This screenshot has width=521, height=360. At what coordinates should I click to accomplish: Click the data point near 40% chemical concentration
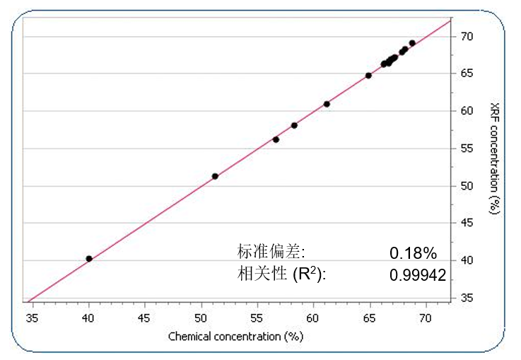click(x=89, y=259)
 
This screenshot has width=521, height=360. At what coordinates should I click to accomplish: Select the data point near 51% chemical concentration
click(x=215, y=176)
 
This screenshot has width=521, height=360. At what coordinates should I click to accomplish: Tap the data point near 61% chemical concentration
click(x=327, y=104)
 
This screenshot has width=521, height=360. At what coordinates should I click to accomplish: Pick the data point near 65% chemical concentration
click(x=368, y=76)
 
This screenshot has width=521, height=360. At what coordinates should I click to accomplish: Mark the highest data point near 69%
click(x=412, y=43)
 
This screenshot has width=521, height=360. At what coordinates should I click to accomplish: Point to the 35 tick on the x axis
click(x=33, y=318)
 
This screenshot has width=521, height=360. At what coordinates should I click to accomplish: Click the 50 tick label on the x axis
click(x=201, y=318)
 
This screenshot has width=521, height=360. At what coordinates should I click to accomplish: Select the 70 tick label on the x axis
click(x=425, y=318)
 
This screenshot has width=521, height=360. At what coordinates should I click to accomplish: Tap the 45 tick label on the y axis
click(x=468, y=223)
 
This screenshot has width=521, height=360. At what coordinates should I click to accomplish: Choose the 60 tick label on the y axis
click(x=468, y=111)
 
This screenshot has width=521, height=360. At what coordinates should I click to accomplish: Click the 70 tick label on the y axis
click(x=468, y=36)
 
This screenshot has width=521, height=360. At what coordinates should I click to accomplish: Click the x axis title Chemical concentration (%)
click(x=235, y=337)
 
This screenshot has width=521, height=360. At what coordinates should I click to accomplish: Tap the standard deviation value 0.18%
click(x=414, y=253)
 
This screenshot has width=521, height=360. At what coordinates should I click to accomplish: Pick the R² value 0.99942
click(x=418, y=276)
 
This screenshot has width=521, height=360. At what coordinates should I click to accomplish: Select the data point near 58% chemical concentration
click(x=294, y=125)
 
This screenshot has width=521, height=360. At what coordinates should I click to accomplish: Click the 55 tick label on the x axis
click(x=257, y=318)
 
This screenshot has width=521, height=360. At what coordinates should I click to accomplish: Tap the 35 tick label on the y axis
click(x=468, y=298)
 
